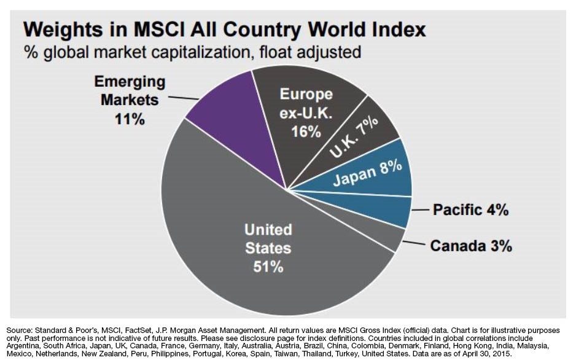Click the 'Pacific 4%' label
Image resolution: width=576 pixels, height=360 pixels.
(x=470, y=210)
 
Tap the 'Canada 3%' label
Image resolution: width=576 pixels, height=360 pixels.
(x=471, y=246)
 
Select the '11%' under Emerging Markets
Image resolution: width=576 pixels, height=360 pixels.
(x=130, y=119)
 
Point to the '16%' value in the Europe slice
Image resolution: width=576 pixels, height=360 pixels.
(x=306, y=132)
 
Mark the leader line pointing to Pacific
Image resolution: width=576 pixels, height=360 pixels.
(x=419, y=210)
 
